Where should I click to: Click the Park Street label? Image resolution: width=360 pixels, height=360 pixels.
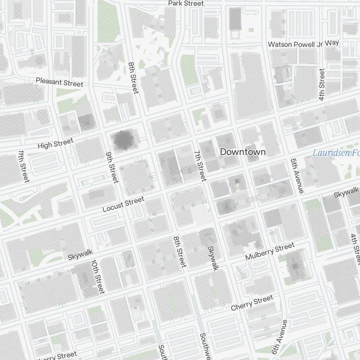tap(186, 3)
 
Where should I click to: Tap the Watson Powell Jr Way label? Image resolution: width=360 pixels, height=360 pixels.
tap(303, 44)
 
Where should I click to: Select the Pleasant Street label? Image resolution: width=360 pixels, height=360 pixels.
tap(59, 82)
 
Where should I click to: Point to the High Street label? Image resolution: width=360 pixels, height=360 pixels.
tap(55, 143)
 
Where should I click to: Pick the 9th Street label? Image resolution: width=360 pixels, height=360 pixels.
tap(112, 167)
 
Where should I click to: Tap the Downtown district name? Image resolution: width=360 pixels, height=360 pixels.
tap(243, 152)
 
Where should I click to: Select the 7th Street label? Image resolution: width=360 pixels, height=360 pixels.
tap(200, 165)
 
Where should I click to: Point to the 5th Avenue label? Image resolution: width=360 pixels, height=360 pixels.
tap(297, 175)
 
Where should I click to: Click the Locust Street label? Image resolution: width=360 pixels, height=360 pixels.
tap(123, 204)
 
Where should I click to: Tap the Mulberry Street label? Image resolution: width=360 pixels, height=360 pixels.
tap(270, 251)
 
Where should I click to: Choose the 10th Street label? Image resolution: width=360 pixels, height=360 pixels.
tap(98, 276)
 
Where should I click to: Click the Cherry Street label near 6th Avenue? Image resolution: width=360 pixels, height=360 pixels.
tap(252, 303)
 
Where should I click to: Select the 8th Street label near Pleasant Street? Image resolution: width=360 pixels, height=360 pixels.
tap(133, 78)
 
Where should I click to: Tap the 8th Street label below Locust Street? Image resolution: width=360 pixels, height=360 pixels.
tap(179, 252)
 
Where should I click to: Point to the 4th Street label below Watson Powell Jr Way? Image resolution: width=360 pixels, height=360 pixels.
tap(322, 85)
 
